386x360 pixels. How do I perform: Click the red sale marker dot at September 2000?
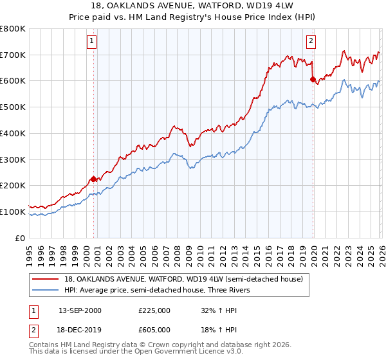click(x=93, y=179)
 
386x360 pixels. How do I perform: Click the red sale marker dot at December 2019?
click(x=313, y=80)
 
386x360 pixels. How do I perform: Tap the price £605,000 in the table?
click(x=154, y=329)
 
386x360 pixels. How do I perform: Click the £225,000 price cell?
click(x=154, y=310)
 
